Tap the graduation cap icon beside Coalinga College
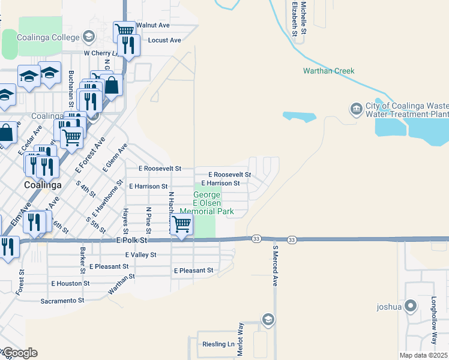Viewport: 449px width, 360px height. [89, 37]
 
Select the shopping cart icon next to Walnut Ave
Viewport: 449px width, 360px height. [124, 30]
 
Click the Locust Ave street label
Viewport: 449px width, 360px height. [164, 40]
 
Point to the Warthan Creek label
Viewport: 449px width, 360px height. [328, 71]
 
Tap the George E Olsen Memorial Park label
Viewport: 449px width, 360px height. [207, 203]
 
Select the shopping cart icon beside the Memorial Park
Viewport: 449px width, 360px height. [181, 224]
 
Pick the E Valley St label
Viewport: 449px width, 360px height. [140, 254]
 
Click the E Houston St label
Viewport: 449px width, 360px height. [70, 283]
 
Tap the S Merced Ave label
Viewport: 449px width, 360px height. [276, 265]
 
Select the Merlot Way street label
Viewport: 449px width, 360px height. [241, 340]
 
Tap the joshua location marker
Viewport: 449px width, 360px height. [411, 307]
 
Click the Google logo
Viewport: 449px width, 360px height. [20, 353]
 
